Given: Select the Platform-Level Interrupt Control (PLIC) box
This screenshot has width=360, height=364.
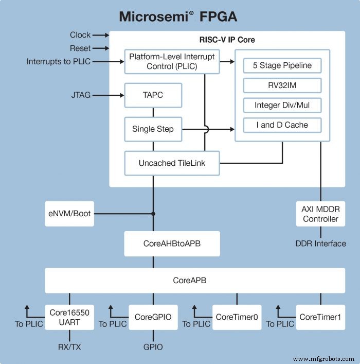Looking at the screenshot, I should (x=172, y=61).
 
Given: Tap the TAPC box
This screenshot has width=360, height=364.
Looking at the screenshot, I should (x=153, y=95).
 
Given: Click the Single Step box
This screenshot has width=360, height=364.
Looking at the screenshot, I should (x=153, y=129).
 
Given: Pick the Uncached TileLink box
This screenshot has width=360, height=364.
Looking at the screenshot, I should (x=172, y=163).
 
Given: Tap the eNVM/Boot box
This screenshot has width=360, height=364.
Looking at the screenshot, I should (x=70, y=213).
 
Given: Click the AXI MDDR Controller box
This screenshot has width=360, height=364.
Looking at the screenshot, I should (x=320, y=214).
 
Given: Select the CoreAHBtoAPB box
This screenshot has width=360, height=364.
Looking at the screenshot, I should (x=172, y=244).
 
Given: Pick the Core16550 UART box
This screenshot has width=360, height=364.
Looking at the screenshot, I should (x=69, y=316).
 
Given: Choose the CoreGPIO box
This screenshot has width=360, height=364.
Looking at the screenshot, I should (x=153, y=317).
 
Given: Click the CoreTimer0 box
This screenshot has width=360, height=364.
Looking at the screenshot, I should (x=237, y=317).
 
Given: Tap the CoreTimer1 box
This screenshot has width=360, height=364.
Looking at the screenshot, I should (x=320, y=317).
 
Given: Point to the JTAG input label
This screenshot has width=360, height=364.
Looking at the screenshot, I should (x=80, y=95).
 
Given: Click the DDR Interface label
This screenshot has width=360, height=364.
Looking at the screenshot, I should (x=320, y=243).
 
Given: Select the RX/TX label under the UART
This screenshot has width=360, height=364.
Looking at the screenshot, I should (x=69, y=347).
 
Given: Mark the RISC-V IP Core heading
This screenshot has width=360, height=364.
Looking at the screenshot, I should (x=227, y=40).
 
